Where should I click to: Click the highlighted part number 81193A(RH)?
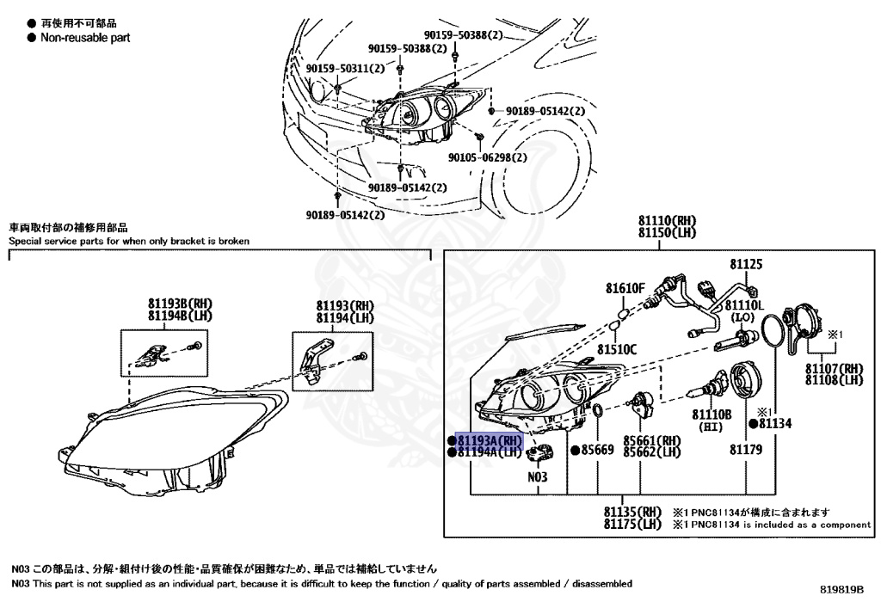489,439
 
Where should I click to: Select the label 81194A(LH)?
489,451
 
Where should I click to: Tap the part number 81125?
746,265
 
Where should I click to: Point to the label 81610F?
625,288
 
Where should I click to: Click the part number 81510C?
619,349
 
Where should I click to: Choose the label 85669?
597,450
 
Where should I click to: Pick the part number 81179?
746,450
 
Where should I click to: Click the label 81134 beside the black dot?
774,423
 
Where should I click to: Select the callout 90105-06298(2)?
488,157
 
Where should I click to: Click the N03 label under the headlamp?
538,476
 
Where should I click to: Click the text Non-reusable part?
85,38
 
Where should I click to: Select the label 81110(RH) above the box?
667,221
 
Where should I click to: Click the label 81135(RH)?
632,511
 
